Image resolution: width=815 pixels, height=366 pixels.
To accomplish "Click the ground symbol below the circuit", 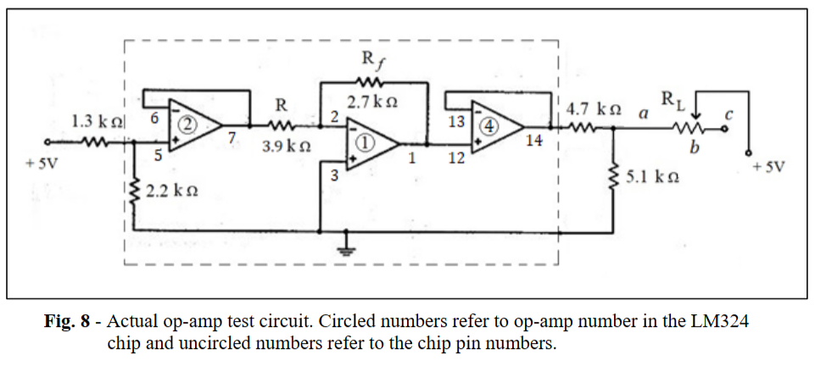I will pyautogui.click(x=343, y=249).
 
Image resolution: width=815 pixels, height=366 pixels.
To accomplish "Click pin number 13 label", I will pyautogui.click(x=456, y=121).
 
